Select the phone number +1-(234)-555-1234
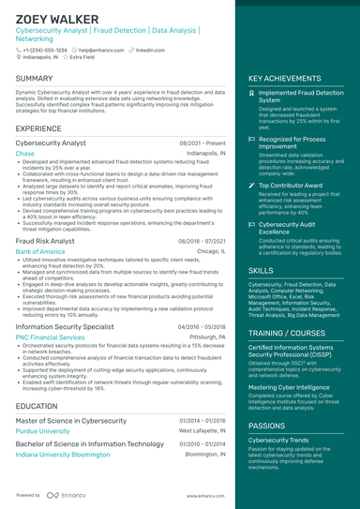click(44, 50)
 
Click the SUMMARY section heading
click(35, 79)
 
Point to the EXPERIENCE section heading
click(38, 127)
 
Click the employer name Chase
click(25, 153)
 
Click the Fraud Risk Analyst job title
click(46, 241)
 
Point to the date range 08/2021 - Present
click(202, 142)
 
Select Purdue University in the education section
click(43, 431)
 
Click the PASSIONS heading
click(268, 425)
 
